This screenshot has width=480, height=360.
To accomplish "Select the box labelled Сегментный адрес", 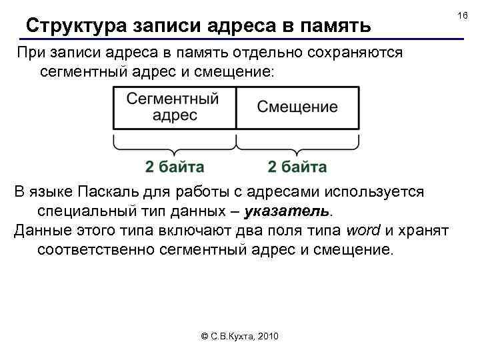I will pos(174,107).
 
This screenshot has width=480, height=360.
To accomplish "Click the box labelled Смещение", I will pos(297,107).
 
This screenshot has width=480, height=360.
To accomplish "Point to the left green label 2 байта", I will pos(175,166).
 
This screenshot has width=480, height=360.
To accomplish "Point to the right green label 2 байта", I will pos(297,166).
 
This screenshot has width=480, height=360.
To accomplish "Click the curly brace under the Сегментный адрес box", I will pos(175,144).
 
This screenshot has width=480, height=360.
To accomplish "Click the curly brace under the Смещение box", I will pos(297,144).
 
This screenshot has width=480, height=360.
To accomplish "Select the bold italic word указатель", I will pos(287,212).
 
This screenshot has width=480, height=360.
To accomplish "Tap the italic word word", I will pos(364,231).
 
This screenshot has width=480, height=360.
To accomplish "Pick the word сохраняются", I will pos(360,53).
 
